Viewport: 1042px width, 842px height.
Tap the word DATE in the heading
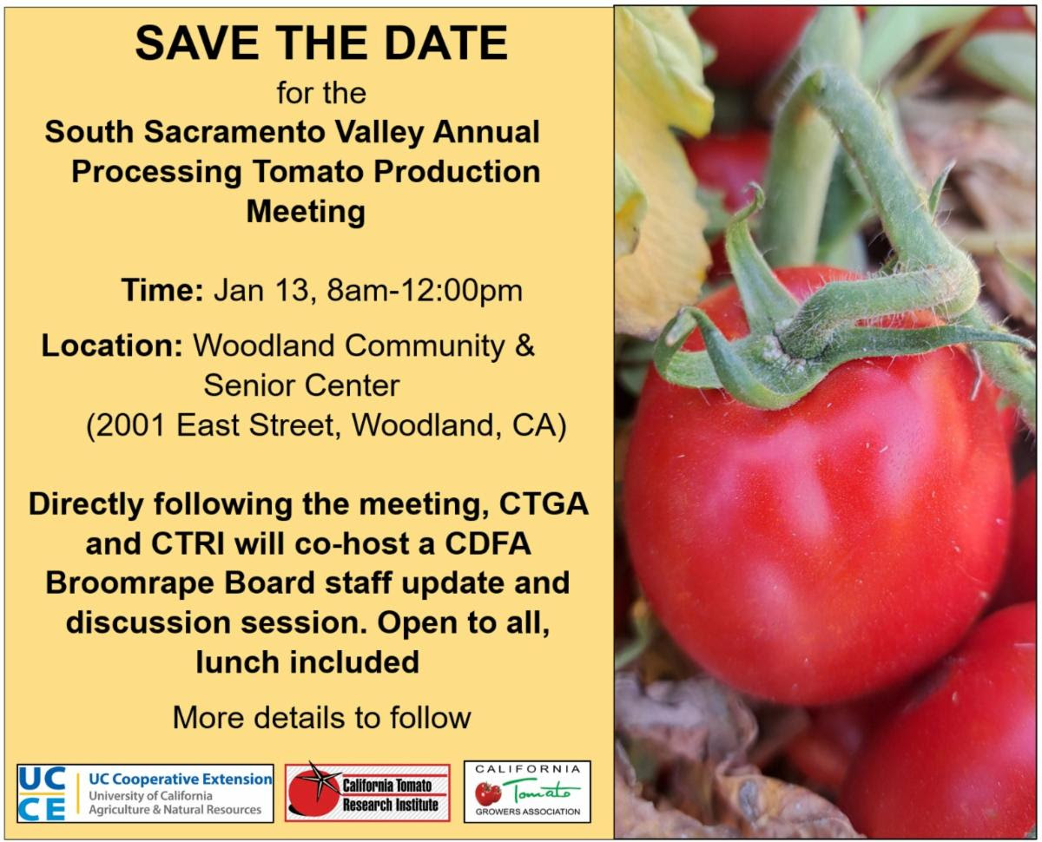445,43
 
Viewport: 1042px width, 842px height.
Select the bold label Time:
162,290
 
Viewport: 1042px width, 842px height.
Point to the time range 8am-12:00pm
425,291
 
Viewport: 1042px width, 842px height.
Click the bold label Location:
112,345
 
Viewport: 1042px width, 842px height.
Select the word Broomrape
130,583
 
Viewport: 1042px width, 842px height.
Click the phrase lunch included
307,662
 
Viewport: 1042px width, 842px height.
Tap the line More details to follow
322,718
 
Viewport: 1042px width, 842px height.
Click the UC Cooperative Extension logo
145,793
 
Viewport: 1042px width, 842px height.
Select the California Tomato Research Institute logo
367,793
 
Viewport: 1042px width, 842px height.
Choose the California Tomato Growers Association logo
527,792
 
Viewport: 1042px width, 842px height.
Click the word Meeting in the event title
306,211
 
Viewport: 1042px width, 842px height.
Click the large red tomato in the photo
817,489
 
